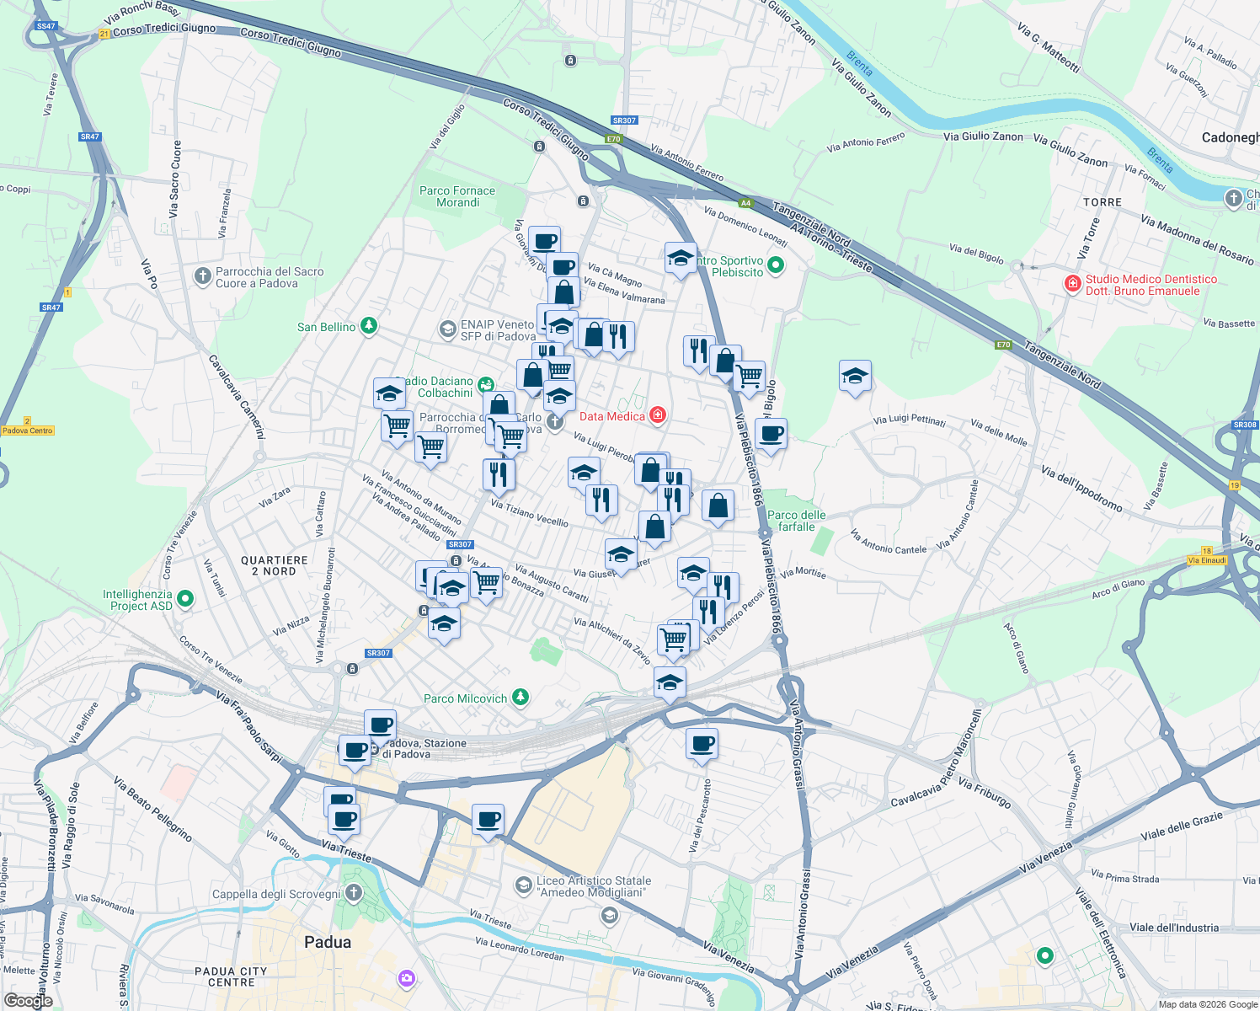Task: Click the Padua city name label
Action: coord(327,942)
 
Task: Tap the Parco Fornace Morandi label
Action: coord(457,196)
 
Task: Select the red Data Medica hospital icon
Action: coord(658,415)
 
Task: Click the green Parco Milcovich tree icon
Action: coord(521,697)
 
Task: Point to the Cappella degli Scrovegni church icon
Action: coord(354,893)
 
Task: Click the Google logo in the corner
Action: coord(28,1000)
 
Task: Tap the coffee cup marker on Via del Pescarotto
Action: coord(702,745)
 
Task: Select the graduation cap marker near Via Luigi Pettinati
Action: coord(855,377)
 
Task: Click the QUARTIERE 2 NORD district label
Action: coord(275,565)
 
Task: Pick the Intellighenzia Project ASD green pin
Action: coord(185,599)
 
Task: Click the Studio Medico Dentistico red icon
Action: coord(1072,283)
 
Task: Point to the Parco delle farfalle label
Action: coord(796,521)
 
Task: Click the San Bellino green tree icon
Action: coord(368,326)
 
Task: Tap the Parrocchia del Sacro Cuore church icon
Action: coord(202,275)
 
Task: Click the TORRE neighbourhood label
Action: coord(1102,202)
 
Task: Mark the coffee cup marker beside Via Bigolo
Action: coord(771,435)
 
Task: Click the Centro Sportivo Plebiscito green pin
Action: coord(776,266)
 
